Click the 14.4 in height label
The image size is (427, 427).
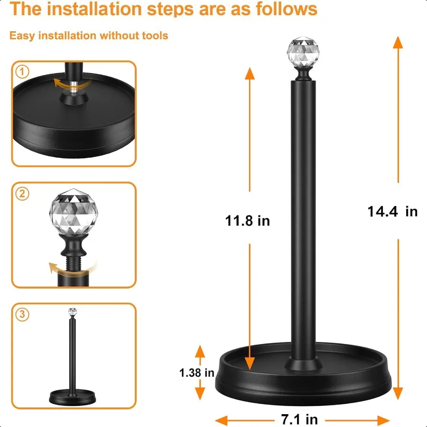point(392,211)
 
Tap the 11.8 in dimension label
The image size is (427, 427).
point(247,221)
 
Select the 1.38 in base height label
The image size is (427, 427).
point(197,373)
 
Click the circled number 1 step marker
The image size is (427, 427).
point(22,72)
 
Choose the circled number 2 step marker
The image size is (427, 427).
point(22,194)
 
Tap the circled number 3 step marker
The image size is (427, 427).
point(22,315)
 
